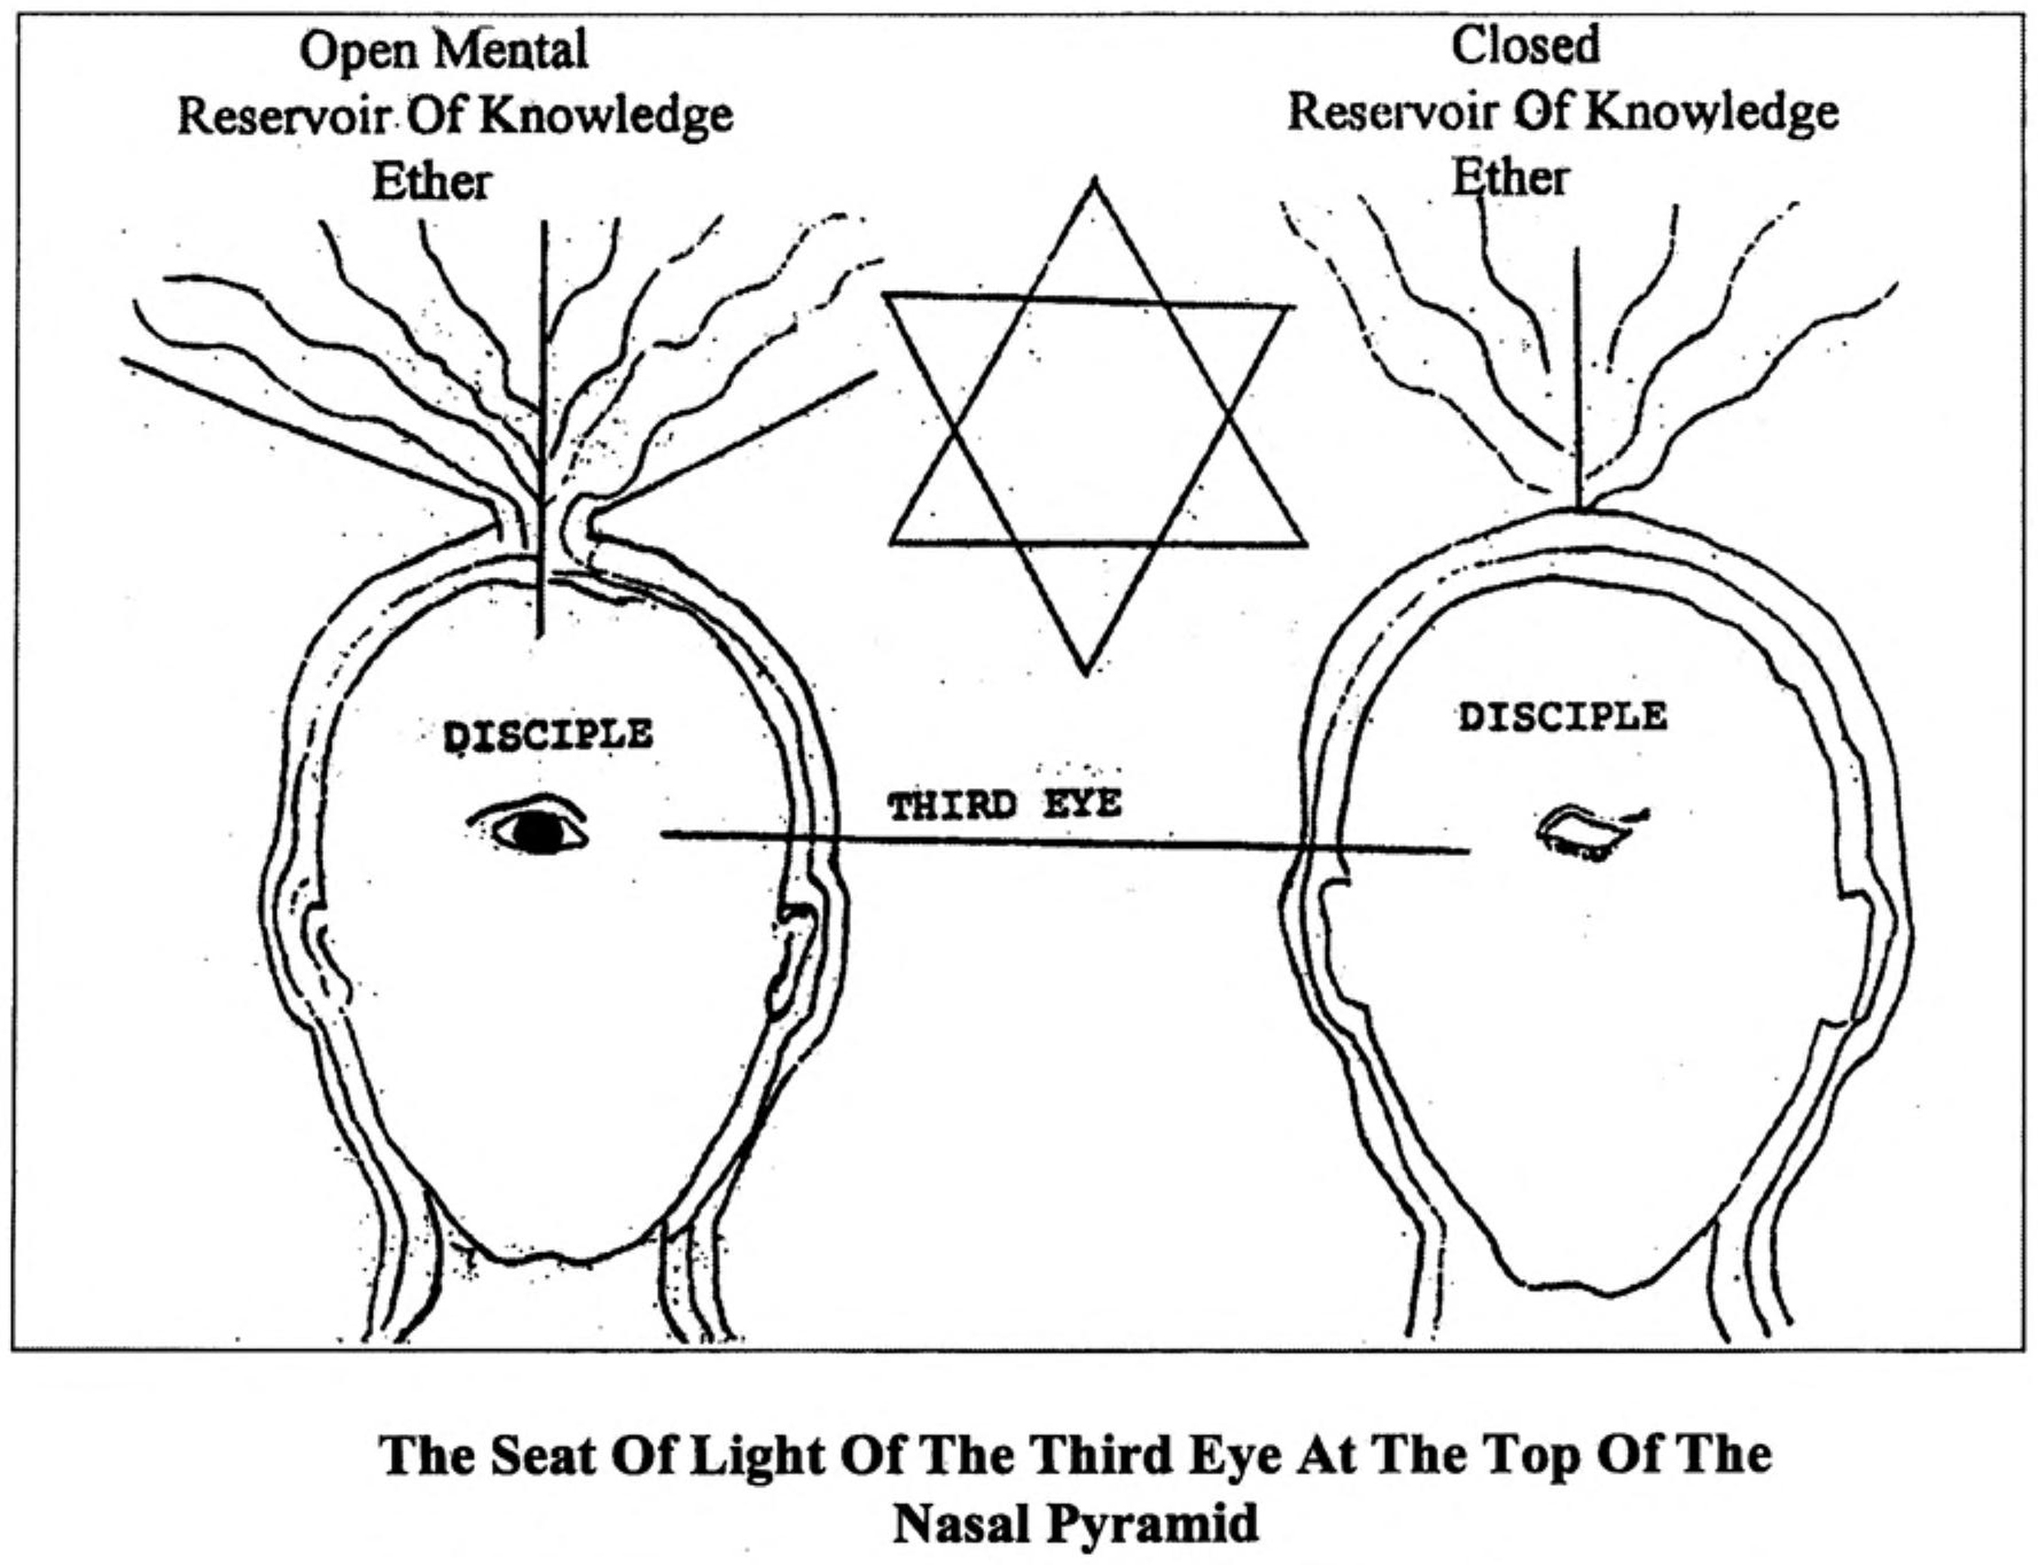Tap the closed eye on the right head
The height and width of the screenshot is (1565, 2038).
coord(1591,831)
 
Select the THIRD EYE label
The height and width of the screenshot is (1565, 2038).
coord(1005,805)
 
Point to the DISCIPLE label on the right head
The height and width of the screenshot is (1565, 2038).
coord(1563,717)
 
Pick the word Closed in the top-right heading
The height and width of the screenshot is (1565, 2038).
coord(1525,46)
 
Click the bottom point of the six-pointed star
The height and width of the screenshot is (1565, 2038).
coord(1084,673)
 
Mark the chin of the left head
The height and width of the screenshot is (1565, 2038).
coord(559,1260)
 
